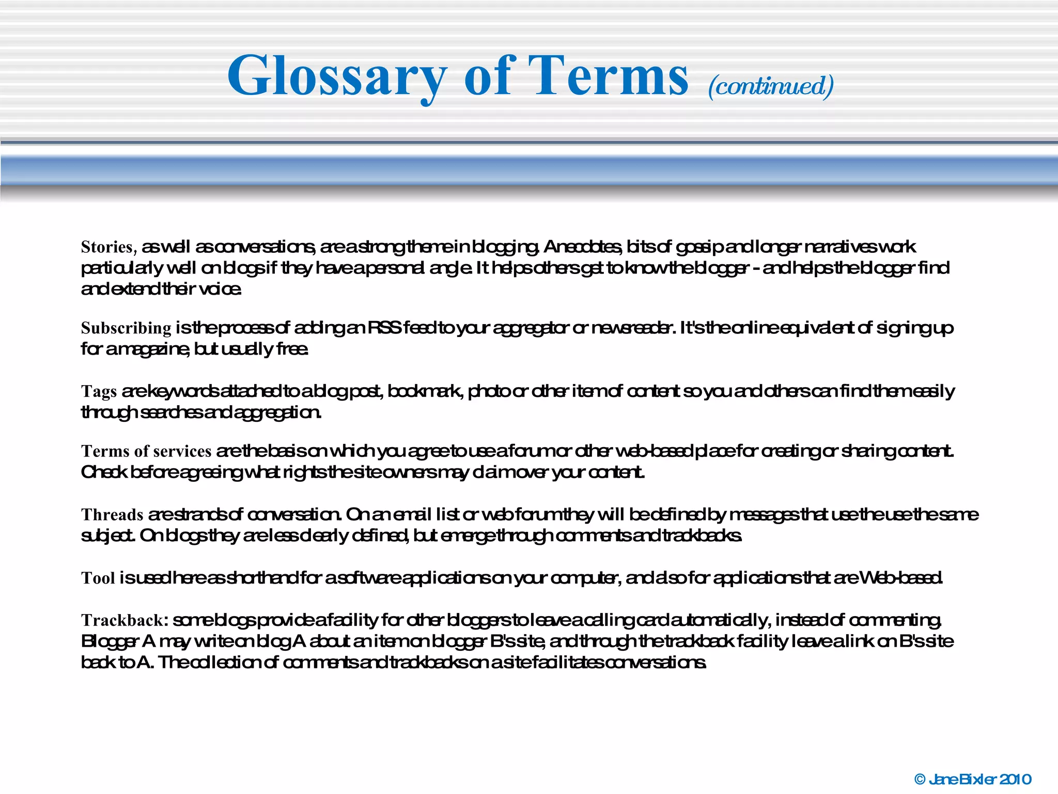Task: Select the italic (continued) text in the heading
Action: [x=771, y=86]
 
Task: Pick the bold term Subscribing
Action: [x=126, y=328]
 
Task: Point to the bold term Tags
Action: [x=99, y=391]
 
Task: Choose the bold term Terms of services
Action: [x=146, y=451]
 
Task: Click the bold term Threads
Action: [x=112, y=515]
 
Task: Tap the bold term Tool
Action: [x=98, y=578]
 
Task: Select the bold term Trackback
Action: [x=125, y=620]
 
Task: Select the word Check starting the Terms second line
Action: [x=104, y=472]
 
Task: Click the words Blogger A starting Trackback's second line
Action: [x=118, y=642]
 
